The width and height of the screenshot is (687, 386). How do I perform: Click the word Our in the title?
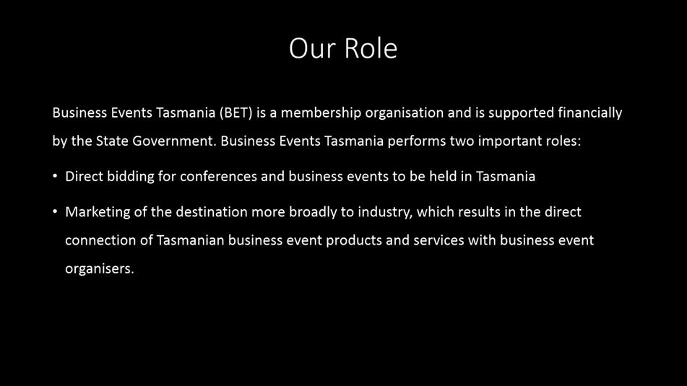312,48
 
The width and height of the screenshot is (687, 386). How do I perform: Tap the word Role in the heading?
371,48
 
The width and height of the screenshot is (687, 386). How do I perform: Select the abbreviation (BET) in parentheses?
236,113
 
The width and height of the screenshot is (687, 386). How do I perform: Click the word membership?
321,113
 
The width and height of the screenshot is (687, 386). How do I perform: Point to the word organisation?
405,113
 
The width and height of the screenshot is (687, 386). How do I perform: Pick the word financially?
589,113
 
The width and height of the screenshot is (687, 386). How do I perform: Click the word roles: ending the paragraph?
563,141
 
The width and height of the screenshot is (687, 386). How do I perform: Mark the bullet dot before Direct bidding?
55,176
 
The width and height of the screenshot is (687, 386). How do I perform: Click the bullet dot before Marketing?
55,211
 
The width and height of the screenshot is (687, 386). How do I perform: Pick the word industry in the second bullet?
385,212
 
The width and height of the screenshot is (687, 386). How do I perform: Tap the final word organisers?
100,268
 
